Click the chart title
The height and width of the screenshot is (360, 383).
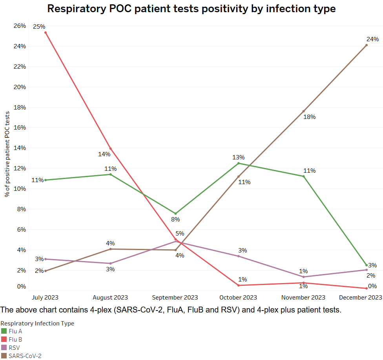coord(191,9)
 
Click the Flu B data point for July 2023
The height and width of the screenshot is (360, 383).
coord(46,33)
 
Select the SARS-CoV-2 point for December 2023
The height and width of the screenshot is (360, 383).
coord(367,45)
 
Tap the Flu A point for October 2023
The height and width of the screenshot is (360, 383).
coord(239,163)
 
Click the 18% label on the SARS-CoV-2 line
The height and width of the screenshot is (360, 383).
coord(310,117)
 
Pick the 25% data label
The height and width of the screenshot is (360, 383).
coord(39,27)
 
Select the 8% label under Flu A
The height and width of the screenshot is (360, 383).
coord(175,219)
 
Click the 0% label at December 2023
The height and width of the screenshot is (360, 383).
coord(372,286)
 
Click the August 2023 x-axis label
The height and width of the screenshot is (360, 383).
coord(110,298)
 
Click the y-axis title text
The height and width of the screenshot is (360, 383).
coord(7,154)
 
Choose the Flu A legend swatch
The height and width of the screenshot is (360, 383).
coord(4,331)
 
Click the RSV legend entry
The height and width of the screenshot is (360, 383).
coord(14,348)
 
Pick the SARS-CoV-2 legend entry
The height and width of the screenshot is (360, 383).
coord(25,356)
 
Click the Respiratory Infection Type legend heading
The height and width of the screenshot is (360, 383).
coord(37,323)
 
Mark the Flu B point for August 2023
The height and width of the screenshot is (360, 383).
coord(111,149)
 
